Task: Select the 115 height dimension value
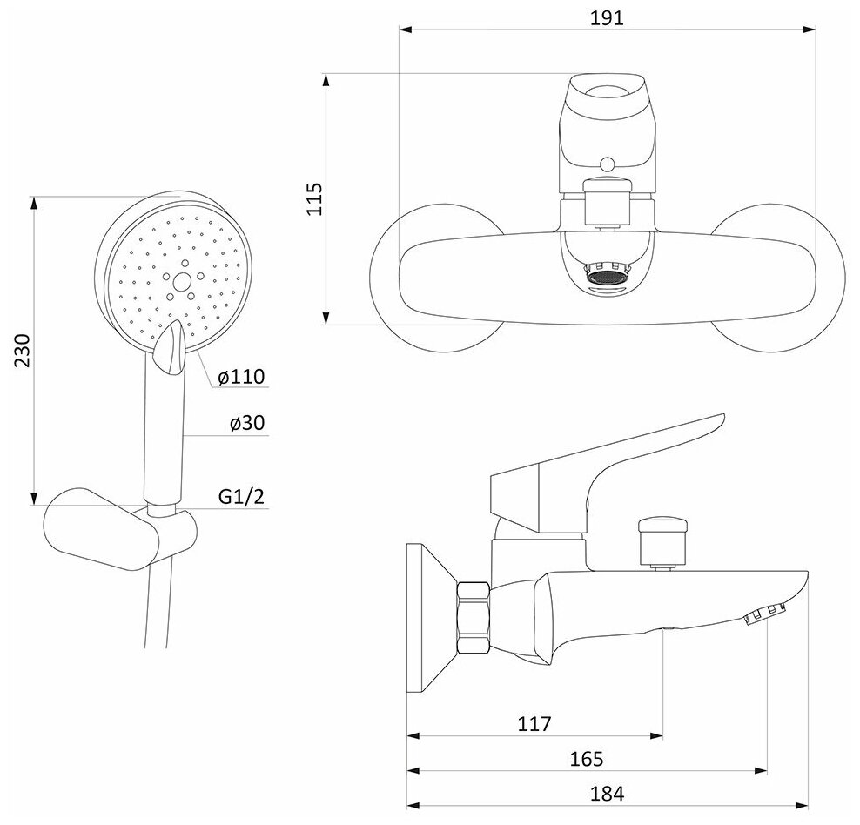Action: pyautogui.click(x=315, y=199)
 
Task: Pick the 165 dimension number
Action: pyautogui.click(x=588, y=759)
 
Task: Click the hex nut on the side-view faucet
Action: pyautogui.click(x=474, y=618)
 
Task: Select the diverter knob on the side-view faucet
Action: pyautogui.click(x=662, y=540)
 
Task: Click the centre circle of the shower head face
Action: pyautogui.click(x=181, y=281)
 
